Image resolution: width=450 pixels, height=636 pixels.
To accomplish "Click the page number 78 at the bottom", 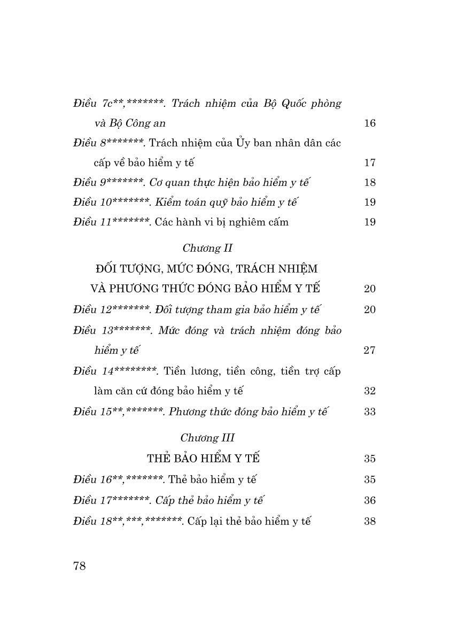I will click(79, 567).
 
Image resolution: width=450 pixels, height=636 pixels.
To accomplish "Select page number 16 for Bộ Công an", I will click(370, 123).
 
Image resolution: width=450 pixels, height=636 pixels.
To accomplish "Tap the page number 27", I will click(370, 351).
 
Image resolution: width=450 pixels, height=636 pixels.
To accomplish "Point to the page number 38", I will click(370, 521).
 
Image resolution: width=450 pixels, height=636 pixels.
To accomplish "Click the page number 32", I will click(370, 391).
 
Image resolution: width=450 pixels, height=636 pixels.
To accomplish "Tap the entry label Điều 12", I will click(91, 310).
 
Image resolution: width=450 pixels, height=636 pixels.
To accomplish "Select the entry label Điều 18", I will click(91, 521).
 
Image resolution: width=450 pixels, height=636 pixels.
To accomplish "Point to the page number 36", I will click(370, 501).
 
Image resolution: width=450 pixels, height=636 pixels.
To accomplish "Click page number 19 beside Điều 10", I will click(370, 203).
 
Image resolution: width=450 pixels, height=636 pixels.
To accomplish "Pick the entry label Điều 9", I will click(89, 183).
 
